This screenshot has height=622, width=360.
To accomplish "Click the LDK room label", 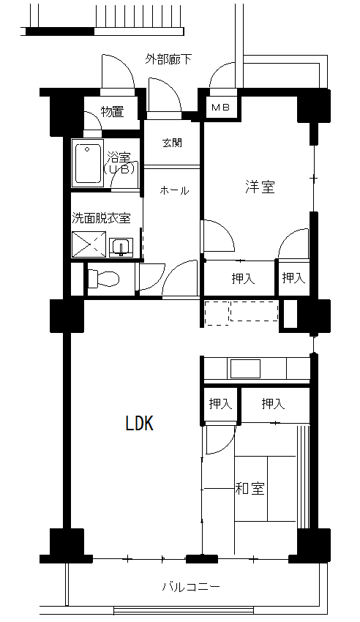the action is pyautogui.click(x=139, y=423).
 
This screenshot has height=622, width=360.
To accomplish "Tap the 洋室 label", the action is pyautogui.click(x=260, y=187).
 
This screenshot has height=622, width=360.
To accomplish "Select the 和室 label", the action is pyautogui.click(x=250, y=488).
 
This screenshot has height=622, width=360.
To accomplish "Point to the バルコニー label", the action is pyautogui.click(x=191, y=586).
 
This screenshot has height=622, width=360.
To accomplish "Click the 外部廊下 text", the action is pyautogui.click(x=168, y=59).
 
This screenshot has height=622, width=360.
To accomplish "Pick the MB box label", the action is pyautogui.click(x=220, y=107).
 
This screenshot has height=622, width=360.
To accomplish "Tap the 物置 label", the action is pyautogui.click(x=112, y=111).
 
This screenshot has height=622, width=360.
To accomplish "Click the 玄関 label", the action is pyautogui.click(x=172, y=143).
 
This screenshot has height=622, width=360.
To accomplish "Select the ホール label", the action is pyautogui.click(x=174, y=191).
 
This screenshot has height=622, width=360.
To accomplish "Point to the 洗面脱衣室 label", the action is pyautogui.click(x=101, y=218).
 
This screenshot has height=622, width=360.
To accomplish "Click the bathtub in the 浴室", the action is pyautogui.click(x=87, y=162).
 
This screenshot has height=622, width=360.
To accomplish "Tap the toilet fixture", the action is pyautogui.click(x=102, y=279).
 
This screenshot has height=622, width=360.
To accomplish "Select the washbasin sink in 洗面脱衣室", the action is pyautogui.click(x=121, y=248).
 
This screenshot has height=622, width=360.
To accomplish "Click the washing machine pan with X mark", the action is pyautogui.click(x=89, y=244).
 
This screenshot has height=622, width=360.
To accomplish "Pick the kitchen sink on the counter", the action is pyautogui.click(x=245, y=369).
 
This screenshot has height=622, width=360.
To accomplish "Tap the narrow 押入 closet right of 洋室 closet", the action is pyautogui.click(x=294, y=278).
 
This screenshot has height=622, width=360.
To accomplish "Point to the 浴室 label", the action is pyautogui.click(x=119, y=157).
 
